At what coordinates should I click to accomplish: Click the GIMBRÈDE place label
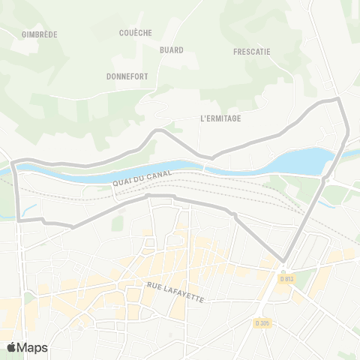[x=40, y=34]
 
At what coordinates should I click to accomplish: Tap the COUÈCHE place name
[x=135, y=33]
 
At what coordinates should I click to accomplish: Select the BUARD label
[x=171, y=50]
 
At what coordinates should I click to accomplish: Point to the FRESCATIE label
[x=252, y=52]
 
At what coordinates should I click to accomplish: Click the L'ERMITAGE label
[x=220, y=118]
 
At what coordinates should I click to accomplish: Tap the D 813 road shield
[x=286, y=279]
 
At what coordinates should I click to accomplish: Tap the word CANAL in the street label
[x=160, y=175]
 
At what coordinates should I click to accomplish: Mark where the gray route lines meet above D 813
[x=283, y=261]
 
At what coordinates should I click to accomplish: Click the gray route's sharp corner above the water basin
[x=338, y=98]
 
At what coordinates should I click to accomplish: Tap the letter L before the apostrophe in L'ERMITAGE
[x=202, y=118]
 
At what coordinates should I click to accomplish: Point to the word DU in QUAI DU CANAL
[x=140, y=178]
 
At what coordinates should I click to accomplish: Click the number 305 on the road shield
[x=264, y=322]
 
